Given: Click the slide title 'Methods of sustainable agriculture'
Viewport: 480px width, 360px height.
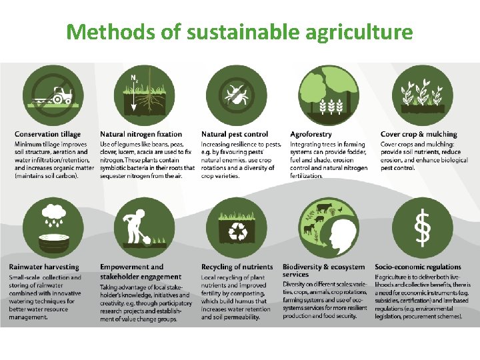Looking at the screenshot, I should click(x=239, y=31).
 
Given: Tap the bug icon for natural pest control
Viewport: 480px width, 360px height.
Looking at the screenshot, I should click(x=235, y=95).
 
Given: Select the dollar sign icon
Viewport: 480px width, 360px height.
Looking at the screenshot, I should click(x=422, y=227).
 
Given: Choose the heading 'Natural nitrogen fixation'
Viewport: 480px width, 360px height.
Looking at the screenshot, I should click(x=141, y=135).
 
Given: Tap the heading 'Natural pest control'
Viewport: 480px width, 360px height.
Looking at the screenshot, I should click(x=235, y=135).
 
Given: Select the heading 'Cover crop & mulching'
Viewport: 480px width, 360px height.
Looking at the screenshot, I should click(x=419, y=135).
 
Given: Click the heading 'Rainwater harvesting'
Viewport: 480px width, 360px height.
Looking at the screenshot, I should click(x=44, y=267).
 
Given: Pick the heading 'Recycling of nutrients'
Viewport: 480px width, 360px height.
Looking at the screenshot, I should click(x=237, y=267).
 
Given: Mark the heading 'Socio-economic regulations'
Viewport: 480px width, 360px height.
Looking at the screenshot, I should click(x=418, y=267).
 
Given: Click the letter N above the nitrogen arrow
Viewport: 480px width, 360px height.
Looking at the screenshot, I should click(x=133, y=78).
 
